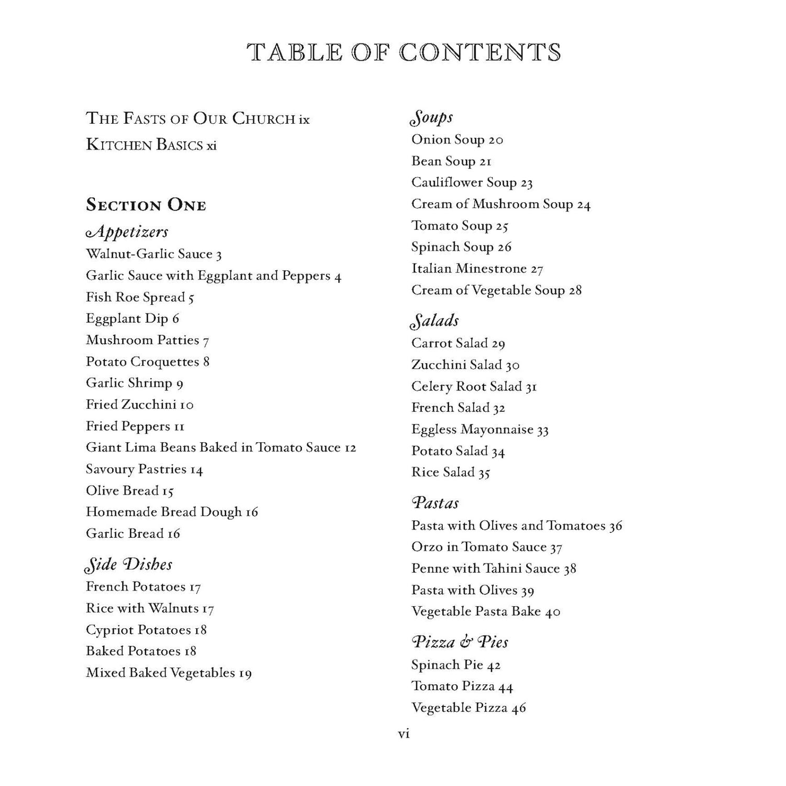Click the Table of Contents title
404,52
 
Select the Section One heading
146,205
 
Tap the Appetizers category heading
127,232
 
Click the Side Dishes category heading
128,564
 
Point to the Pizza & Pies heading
460,642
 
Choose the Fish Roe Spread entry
140,297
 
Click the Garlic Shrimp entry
134,383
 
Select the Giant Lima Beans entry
221,447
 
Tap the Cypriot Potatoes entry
146,629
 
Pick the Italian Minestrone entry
477,269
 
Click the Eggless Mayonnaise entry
479,430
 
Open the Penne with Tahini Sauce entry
494,569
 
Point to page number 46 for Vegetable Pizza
519,708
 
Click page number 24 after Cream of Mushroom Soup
584,204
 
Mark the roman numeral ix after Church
304,119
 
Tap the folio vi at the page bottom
404,734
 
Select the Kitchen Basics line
151,145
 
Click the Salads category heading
435,321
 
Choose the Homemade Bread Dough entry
172,512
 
